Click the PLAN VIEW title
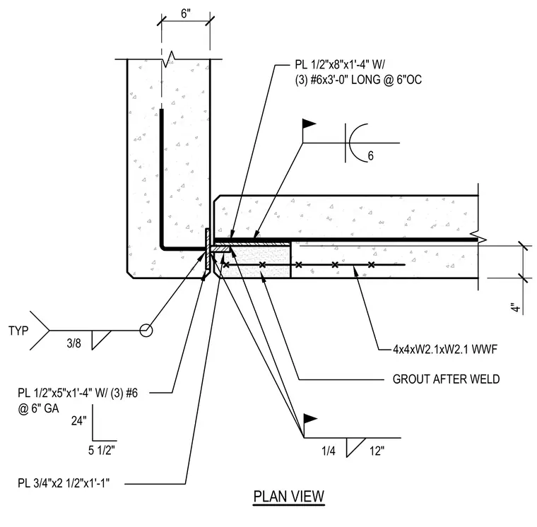(x=289, y=496)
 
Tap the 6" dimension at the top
(x=186, y=14)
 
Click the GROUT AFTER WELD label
(x=446, y=379)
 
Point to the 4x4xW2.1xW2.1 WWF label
(x=445, y=349)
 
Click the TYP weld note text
(x=18, y=331)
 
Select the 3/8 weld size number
(x=74, y=343)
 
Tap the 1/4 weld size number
(x=329, y=451)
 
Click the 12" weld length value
(x=377, y=451)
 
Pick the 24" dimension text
(x=79, y=420)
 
